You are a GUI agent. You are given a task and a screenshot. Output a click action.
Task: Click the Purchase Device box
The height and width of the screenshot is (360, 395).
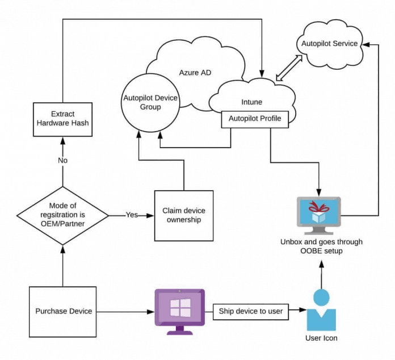62,311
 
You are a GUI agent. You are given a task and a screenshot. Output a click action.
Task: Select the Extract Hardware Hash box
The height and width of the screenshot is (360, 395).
62,119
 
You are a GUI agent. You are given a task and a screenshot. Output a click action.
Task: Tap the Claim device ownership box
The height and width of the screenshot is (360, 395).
183,215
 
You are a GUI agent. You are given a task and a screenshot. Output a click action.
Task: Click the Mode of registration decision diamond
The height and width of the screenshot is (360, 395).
62,216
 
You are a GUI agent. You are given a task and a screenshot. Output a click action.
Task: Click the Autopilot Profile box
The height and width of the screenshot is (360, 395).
254,119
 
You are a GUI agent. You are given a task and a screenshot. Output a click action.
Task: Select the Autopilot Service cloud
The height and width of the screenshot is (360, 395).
330,43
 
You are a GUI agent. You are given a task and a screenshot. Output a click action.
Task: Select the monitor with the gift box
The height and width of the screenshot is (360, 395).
318,215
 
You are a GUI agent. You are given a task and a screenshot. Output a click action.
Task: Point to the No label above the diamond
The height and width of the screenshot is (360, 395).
62,161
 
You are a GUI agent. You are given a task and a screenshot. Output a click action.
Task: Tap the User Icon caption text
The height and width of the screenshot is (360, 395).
321,339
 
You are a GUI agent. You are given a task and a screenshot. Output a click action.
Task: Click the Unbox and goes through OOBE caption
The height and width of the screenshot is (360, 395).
321,246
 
